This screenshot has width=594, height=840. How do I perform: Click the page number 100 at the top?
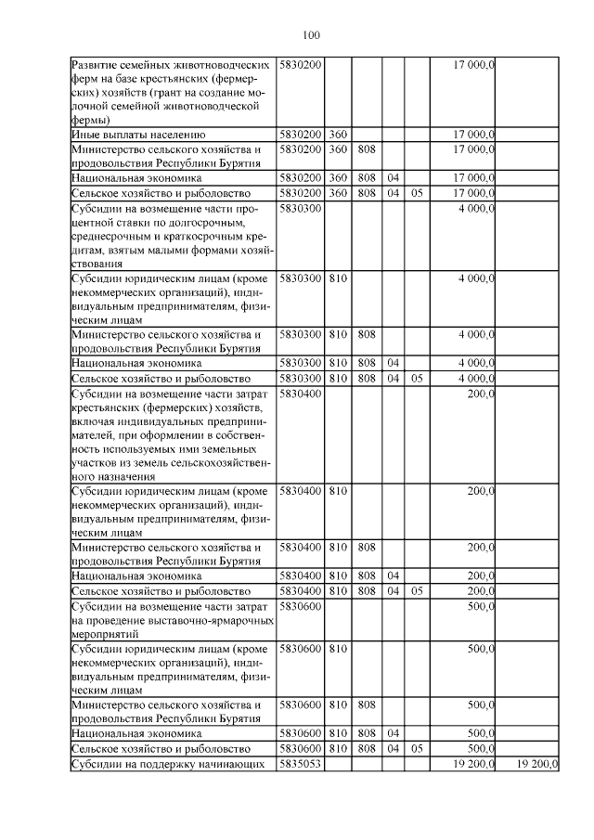pos(311,36)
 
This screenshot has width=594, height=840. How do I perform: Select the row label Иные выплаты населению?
pos(132,135)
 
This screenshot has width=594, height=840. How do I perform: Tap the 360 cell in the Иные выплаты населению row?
pos(338,135)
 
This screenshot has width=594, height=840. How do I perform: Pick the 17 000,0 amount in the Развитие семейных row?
pos(473,65)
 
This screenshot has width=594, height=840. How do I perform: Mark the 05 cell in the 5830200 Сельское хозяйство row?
pos(418,193)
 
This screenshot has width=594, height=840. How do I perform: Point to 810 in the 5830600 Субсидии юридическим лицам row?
pos(338,649)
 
